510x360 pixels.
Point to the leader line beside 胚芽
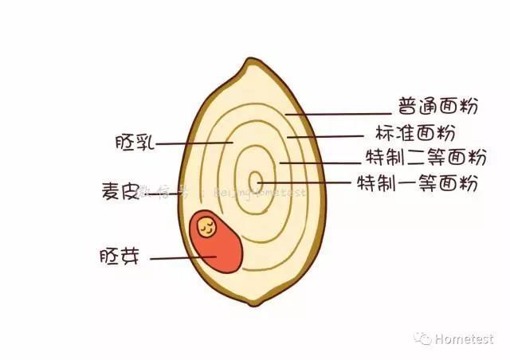click(182, 258)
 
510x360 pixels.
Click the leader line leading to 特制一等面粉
click(307, 183)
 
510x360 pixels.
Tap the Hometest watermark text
click(465, 338)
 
